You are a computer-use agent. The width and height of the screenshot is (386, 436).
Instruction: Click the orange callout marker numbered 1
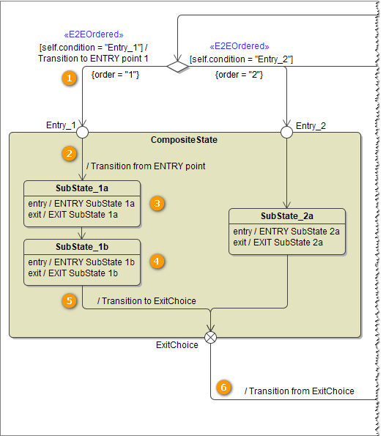click(69, 77)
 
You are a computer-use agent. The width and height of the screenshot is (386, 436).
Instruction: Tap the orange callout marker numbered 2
click(69, 153)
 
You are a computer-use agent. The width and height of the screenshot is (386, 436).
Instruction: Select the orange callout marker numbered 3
click(156, 202)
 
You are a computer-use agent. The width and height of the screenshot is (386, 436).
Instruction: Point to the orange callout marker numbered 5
click(69, 300)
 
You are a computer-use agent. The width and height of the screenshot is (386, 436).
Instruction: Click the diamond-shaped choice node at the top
click(178, 67)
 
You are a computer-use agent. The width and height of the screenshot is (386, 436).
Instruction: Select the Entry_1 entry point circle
click(83, 133)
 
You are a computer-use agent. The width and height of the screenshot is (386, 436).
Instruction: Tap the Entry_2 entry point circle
click(287, 133)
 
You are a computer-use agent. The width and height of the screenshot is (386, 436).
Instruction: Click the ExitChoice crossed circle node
click(211, 337)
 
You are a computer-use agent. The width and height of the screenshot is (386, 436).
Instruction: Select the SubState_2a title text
click(286, 216)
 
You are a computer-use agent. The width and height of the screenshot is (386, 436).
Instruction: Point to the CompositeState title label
click(184, 139)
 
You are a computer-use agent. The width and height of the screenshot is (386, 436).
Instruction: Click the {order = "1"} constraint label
click(115, 75)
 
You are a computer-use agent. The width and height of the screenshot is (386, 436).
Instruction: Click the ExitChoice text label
click(177, 344)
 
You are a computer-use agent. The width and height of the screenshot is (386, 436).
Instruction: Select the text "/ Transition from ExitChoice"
click(299, 391)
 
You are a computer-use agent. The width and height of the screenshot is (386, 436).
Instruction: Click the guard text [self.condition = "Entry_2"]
click(241, 59)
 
